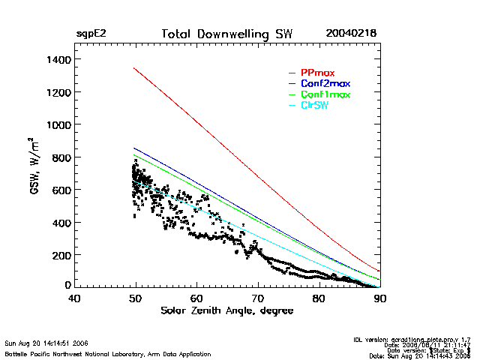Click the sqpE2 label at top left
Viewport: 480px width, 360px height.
coord(91,34)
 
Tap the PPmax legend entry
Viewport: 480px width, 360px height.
coord(318,73)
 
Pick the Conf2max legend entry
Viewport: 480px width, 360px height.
coord(325,83)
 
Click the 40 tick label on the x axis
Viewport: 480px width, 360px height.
coord(74,298)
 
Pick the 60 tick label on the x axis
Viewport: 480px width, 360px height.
coord(196,298)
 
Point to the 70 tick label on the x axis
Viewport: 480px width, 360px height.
coord(258,298)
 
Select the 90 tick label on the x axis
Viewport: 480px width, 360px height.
coord(380,298)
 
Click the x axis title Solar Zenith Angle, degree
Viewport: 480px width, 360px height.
coord(227,310)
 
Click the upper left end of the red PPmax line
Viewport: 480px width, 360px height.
coord(133,68)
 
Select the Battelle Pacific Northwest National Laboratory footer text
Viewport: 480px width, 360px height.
coord(107,353)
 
